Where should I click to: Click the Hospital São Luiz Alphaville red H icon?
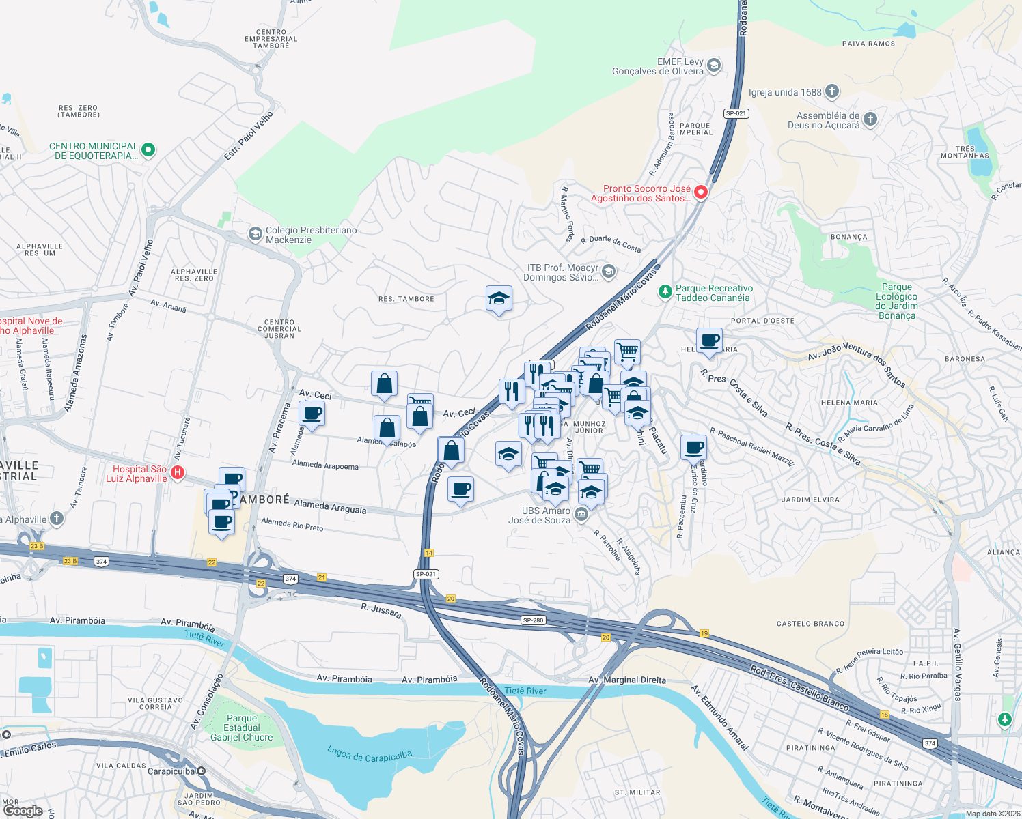point(178,472)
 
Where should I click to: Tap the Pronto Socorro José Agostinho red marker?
point(700,192)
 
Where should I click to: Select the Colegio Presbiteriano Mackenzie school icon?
point(255,235)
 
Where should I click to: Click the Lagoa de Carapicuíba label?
point(370,755)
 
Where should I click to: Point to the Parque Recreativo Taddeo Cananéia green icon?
point(665,292)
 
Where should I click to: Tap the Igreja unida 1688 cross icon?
point(831,91)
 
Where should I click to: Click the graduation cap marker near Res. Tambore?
point(499,299)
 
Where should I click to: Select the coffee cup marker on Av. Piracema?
point(312,414)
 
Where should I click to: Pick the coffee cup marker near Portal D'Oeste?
point(709,341)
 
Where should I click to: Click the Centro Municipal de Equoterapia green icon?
point(148,150)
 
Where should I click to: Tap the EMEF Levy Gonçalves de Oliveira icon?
point(713,66)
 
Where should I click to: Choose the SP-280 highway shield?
point(533,620)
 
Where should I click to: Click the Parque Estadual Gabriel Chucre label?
point(241,728)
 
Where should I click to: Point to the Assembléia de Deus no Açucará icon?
point(870,119)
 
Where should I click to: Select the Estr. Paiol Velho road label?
point(249,136)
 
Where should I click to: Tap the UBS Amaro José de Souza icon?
point(581,515)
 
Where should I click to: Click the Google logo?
point(23,810)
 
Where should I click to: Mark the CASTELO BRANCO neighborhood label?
point(810,624)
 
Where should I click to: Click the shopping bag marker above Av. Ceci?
point(384,385)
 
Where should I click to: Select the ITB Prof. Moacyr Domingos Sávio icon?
point(609,272)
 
